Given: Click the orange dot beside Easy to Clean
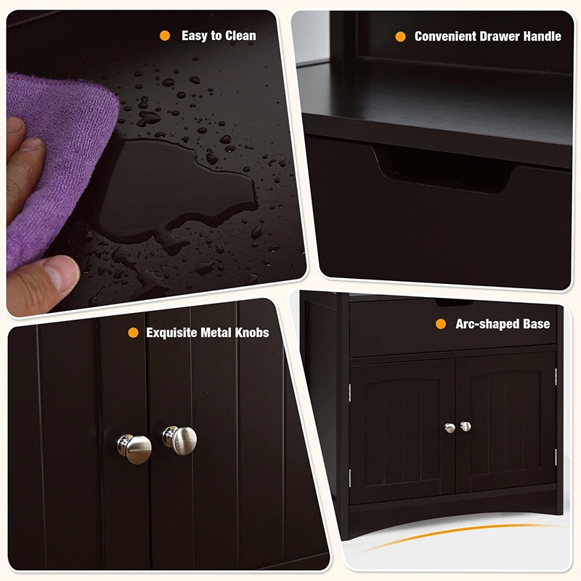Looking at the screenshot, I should pos(166,36).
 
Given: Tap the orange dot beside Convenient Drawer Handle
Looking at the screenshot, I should pos(400,36).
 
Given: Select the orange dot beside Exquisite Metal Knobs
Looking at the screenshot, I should pos(133,333).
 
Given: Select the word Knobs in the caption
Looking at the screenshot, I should pos(251,333).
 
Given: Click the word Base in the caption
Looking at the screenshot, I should pos(535,324).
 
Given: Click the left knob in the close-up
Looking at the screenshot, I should pos(135,448).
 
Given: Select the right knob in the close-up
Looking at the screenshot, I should pos(180,439).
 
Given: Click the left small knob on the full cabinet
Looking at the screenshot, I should pos(450,428).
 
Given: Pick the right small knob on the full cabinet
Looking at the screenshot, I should pos(465,426).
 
